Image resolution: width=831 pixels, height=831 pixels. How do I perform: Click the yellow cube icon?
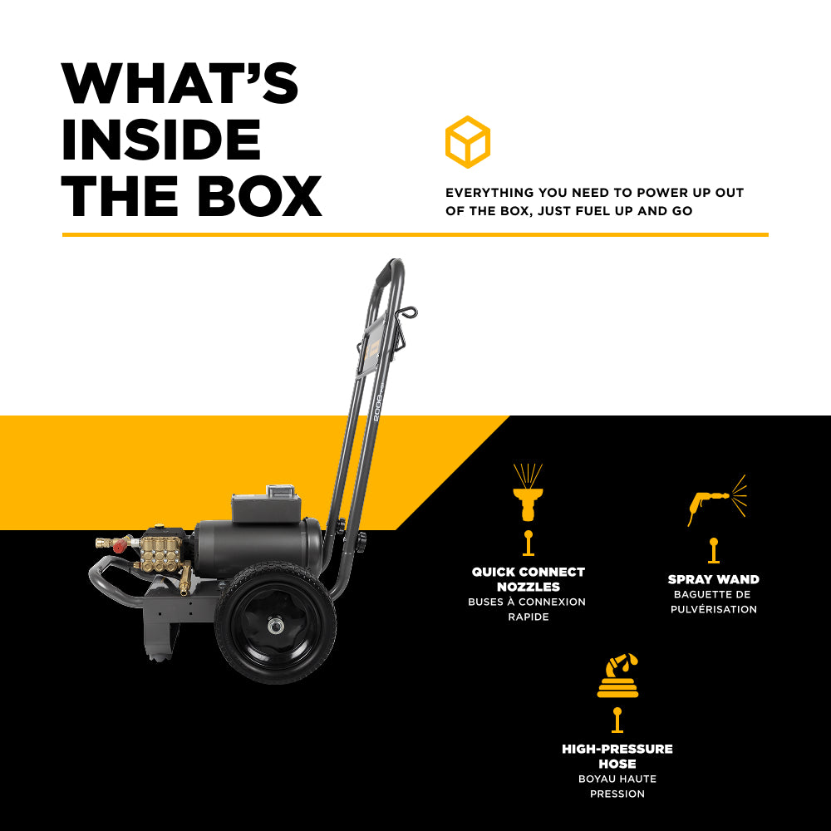coord(467,142)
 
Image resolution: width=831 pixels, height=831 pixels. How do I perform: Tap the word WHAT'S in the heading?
coord(179,83)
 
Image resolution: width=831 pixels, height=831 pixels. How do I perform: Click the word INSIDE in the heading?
coord(161,140)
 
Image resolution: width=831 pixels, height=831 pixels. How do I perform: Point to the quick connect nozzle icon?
coord(528,494)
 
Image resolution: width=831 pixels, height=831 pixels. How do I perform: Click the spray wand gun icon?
coord(716,499)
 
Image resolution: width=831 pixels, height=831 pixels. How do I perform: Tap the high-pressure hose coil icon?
coord(617,676)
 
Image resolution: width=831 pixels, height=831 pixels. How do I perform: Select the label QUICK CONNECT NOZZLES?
coord(529,579)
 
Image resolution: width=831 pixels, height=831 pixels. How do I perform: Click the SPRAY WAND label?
coord(713,579)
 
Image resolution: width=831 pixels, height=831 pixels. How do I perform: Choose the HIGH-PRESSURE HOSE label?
coord(617,756)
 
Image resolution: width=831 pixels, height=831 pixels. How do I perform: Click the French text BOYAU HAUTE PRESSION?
coord(617,786)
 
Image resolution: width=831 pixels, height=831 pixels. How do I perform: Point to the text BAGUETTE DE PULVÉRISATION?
coord(713,602)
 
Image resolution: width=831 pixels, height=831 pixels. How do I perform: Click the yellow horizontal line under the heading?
coord(415,235)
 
